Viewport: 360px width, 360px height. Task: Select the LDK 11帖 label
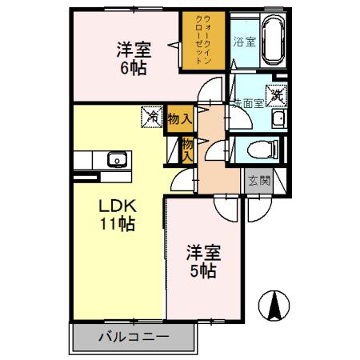(115, 214)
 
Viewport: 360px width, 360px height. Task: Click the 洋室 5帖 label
(202, 262)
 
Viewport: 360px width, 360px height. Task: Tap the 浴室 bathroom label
(244, 42)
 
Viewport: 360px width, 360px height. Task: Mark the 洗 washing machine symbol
(277, 94)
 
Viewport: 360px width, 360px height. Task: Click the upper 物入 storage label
(180, 118)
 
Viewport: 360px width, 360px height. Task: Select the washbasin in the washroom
(278, 120)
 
